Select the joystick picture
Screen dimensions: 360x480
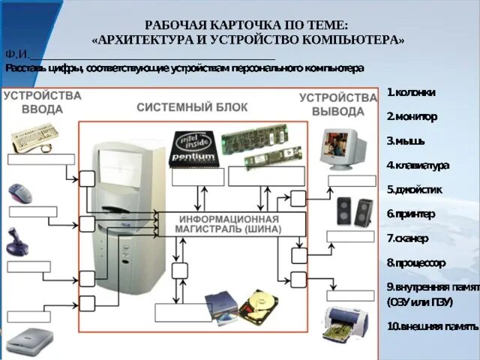[x=16, y=241]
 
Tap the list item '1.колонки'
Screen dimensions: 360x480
[x=411, y=92]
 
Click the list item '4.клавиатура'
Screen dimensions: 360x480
[x=418, y=165]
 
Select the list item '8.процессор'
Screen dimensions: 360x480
[x=416, y=262]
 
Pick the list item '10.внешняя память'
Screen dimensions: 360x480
[x=432, y=326]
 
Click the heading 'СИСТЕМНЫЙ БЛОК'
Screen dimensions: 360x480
[x=192, y=107]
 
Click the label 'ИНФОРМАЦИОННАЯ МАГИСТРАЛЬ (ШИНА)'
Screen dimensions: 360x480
[x=229, y=224]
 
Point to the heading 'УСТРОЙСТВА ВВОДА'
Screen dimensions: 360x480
[x=42, y=103]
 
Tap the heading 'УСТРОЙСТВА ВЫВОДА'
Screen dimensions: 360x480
[x=338, y=104]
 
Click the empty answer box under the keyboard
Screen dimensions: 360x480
[x=41, y=159]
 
